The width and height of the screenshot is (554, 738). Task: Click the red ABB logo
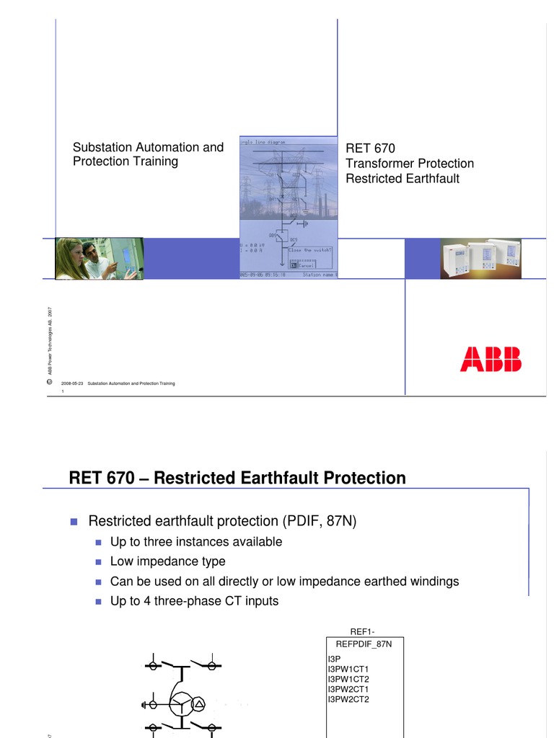click(491, 359)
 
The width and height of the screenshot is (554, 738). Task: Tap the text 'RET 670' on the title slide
click(370, 148)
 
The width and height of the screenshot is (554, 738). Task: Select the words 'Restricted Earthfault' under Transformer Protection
click(403, 179)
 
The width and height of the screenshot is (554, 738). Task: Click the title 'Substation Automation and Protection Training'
click(148, 154)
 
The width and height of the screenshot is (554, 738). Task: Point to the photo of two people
click(100, 259)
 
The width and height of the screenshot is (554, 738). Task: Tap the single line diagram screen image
click(288, 207)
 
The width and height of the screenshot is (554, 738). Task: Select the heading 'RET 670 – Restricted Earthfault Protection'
click(237, 478)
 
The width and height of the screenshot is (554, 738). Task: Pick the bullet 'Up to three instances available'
click(195, 541)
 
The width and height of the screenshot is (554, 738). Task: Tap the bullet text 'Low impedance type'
click(167, 561)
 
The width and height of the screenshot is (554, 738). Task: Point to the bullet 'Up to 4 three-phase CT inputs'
click(194, 600)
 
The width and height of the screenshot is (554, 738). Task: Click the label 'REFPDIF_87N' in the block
click(364, 644)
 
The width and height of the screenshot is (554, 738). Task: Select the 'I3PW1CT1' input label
click(348, 669)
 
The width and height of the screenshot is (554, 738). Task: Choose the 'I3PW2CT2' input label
click(348, 699)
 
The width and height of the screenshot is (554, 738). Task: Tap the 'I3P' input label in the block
click(335, 659)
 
